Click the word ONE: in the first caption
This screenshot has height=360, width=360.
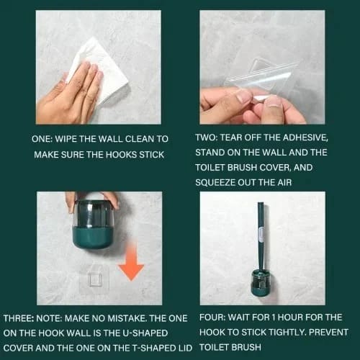[x=42, y=139]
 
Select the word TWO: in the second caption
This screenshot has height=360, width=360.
[x=206, y=138]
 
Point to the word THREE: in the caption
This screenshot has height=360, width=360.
[x=19, y=318]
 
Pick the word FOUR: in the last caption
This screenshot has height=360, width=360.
[x=212, y=318]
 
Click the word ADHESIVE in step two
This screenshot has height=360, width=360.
[x=305, y=138]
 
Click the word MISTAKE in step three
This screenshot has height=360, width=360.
[x=127, y=318]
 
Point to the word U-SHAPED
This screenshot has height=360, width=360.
[x=145, y=333]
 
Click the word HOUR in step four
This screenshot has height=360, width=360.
[x=290, y=318]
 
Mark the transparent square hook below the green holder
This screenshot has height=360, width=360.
[x=94, y=279]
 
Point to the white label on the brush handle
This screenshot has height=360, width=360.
[x=261, y=235]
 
